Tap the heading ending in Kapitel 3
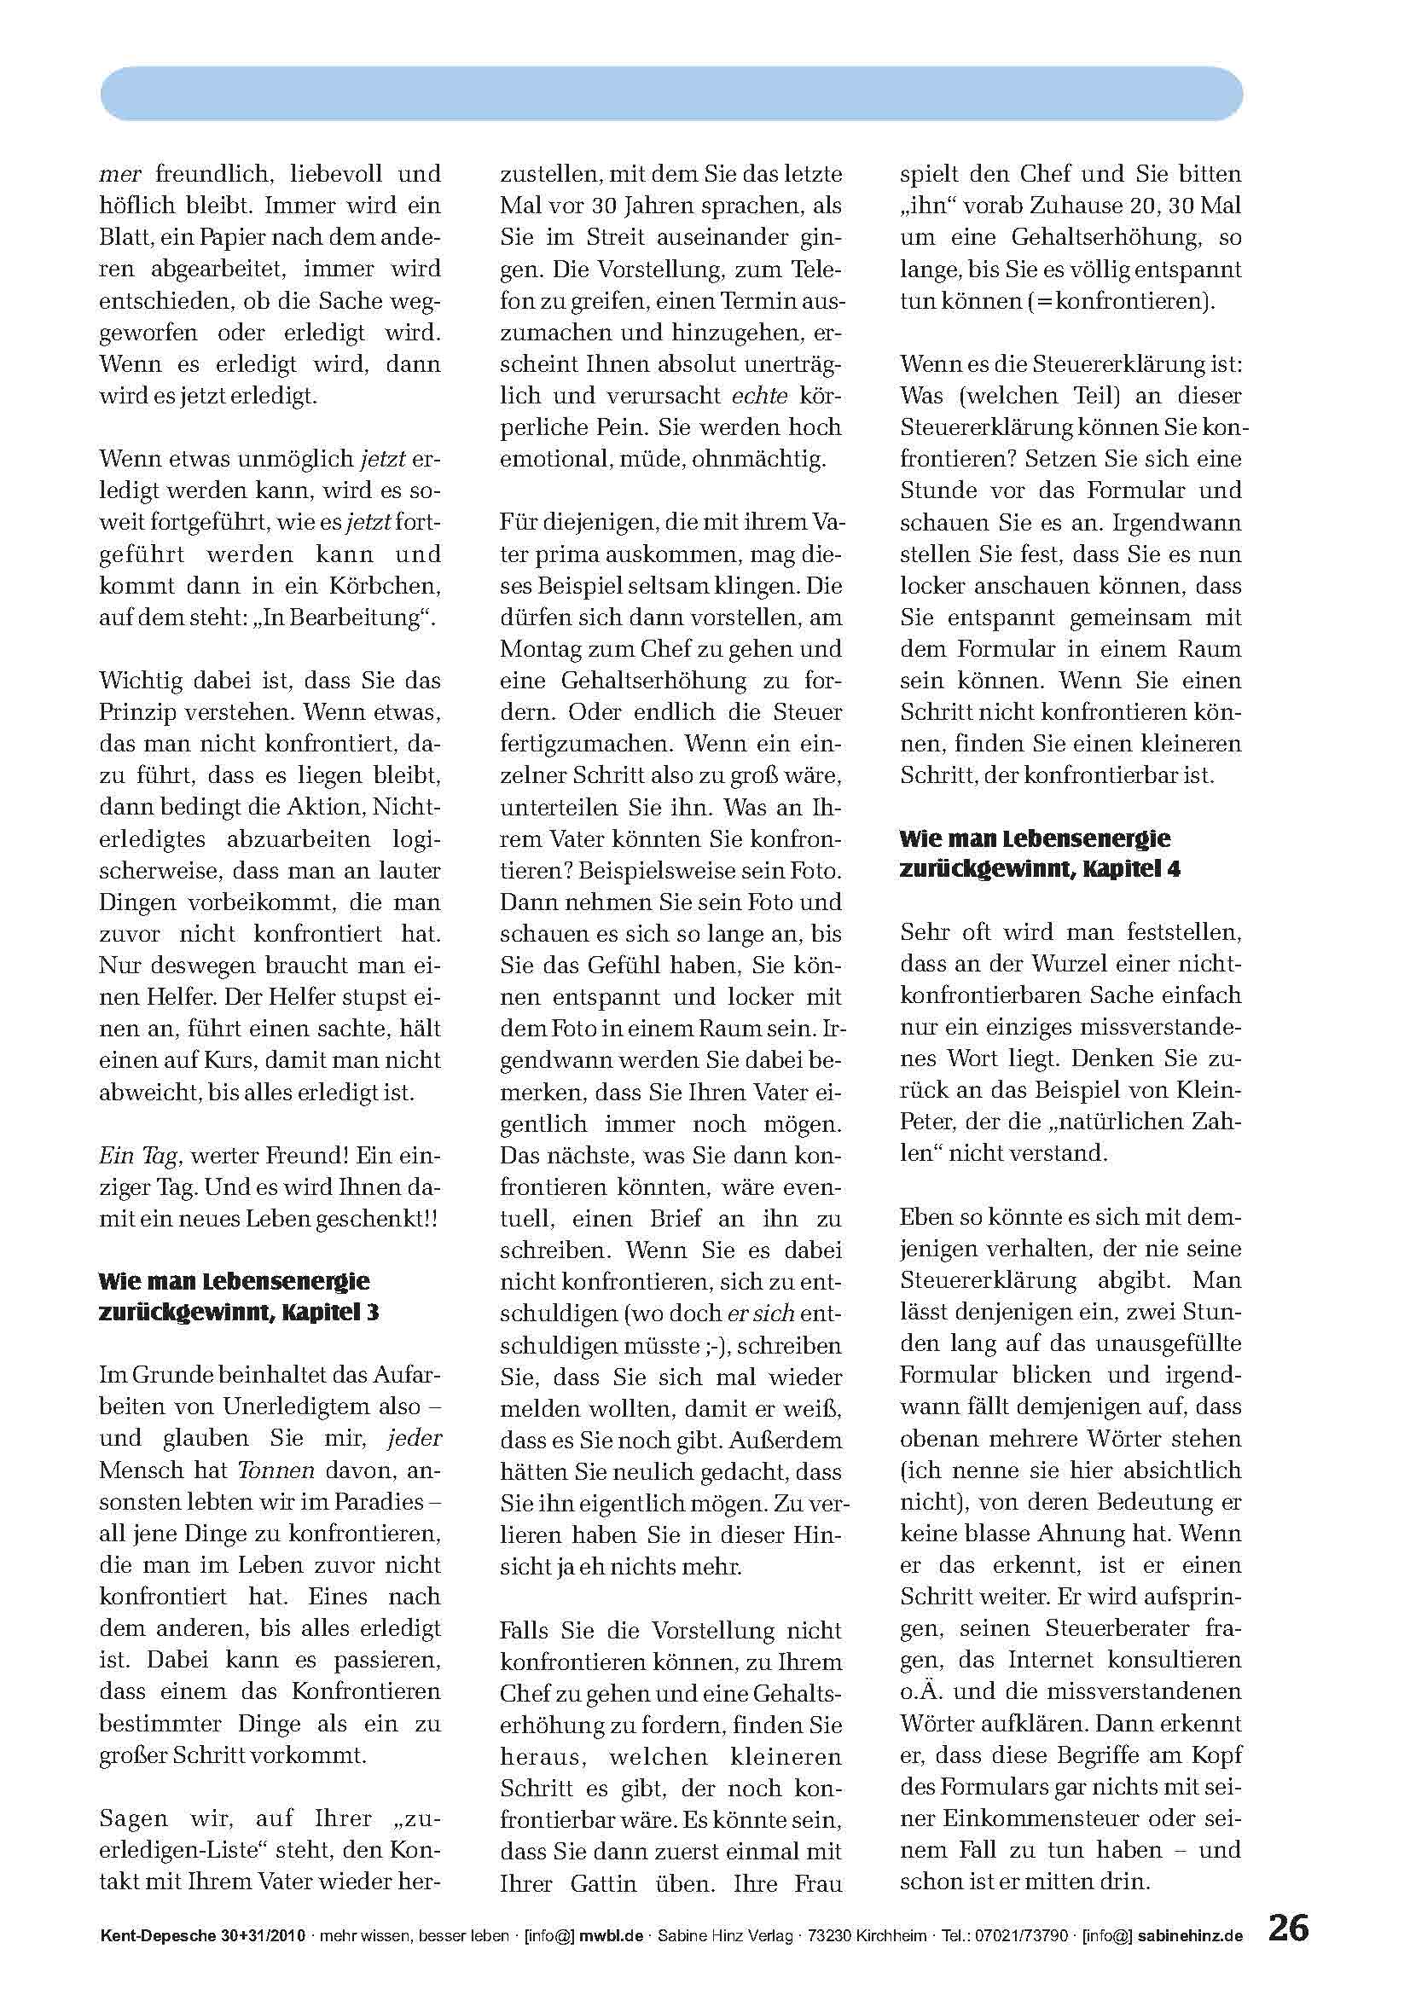point(239,1296)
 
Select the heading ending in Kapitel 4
point(1040,853)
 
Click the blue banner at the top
point(670,93)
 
